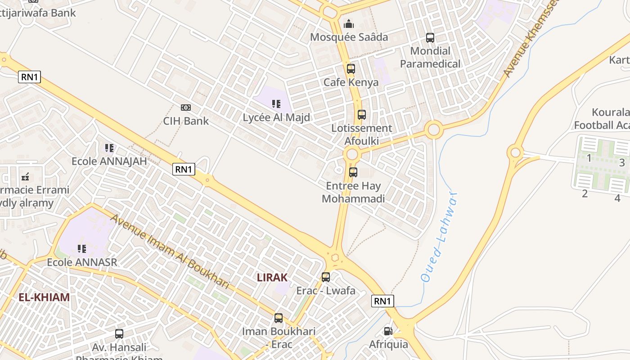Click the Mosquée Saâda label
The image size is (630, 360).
[349, 37]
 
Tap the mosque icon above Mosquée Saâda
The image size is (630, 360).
[349, 24]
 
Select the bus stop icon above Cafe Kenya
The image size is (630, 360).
[351, 69]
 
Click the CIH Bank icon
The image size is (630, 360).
[185, 108]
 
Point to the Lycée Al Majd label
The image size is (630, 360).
[276, 117]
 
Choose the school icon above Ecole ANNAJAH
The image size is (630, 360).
[109, 148]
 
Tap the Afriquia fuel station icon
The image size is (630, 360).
[388, 331]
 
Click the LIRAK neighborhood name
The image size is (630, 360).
[272, 278]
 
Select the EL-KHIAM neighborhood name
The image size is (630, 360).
[44, 297]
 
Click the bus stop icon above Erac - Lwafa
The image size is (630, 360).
[326, 277]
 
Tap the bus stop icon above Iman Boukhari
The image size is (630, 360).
[279, 318]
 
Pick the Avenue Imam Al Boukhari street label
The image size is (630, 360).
[170, 251]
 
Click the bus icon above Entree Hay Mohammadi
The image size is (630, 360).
[353, 172]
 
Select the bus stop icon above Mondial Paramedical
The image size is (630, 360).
[430, 38]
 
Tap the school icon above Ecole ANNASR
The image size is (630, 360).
[82, 249]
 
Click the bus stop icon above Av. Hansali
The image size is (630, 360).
[119, 334]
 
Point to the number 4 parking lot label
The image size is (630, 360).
[617, 198]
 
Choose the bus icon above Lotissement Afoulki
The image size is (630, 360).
[362, 115]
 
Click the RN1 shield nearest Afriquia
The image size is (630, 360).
[382, 301]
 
